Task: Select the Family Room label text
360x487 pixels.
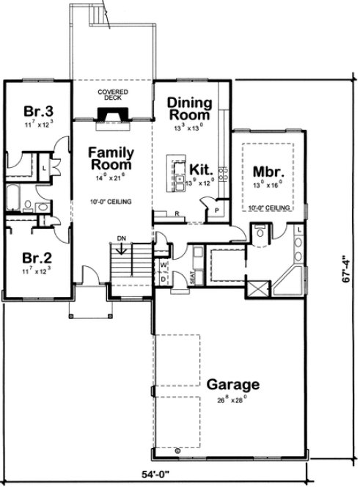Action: pyautogui.click(x=111, y=159)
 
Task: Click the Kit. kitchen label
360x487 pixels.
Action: pyautogui.click(x=201, y=169)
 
